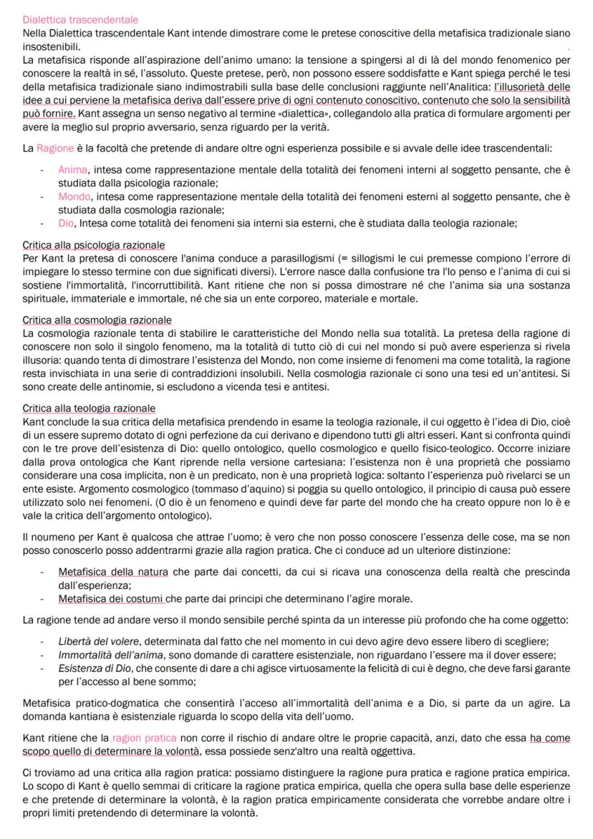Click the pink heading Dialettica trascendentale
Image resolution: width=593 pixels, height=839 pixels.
point(80,19)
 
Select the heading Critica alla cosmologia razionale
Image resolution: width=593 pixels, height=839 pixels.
point(97,320)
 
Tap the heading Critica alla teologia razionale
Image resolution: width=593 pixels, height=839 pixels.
point(89,408)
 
